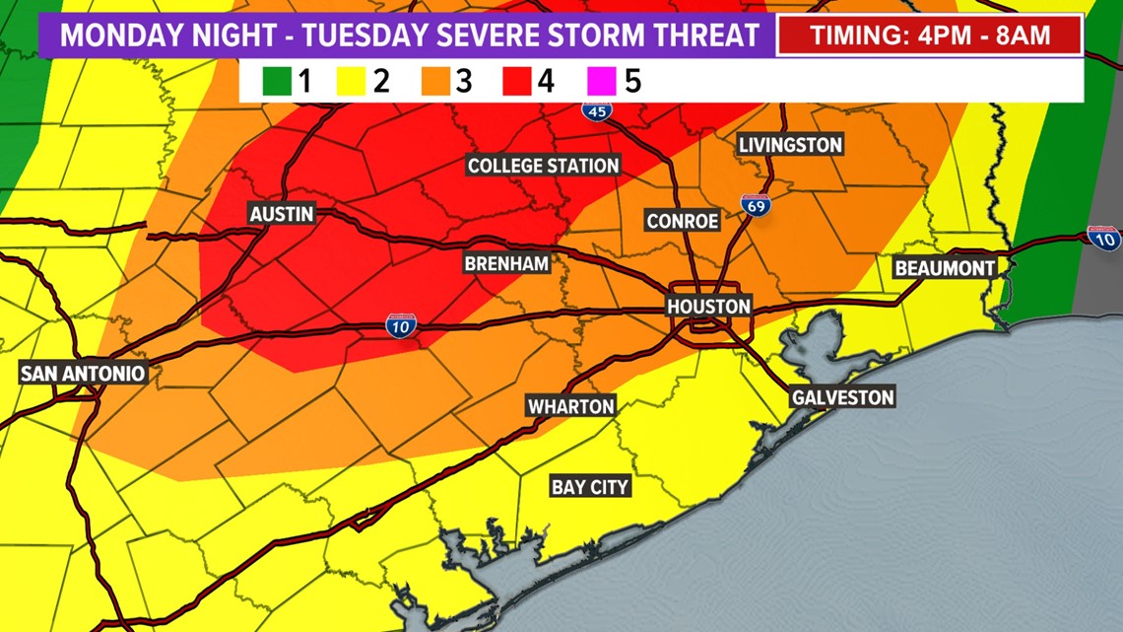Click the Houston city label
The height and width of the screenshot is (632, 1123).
(709, 307)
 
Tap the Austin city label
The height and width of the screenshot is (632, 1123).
(282, 214)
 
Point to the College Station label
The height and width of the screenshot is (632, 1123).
(543, 166)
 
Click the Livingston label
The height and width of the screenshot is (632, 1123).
(791, 145)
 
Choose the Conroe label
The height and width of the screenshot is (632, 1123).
(683, 221)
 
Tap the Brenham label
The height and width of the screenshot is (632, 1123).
(506, 263)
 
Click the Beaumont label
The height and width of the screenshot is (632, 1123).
(944, 267)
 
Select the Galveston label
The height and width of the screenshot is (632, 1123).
(843, 397)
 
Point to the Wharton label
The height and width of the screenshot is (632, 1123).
(570, 406)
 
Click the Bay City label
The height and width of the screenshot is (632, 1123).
(589, 487)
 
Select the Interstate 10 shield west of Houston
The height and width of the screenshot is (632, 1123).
(400, 326)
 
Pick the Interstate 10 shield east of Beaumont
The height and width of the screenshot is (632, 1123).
(1103, 238)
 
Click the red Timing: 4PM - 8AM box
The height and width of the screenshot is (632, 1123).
(930, 36)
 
